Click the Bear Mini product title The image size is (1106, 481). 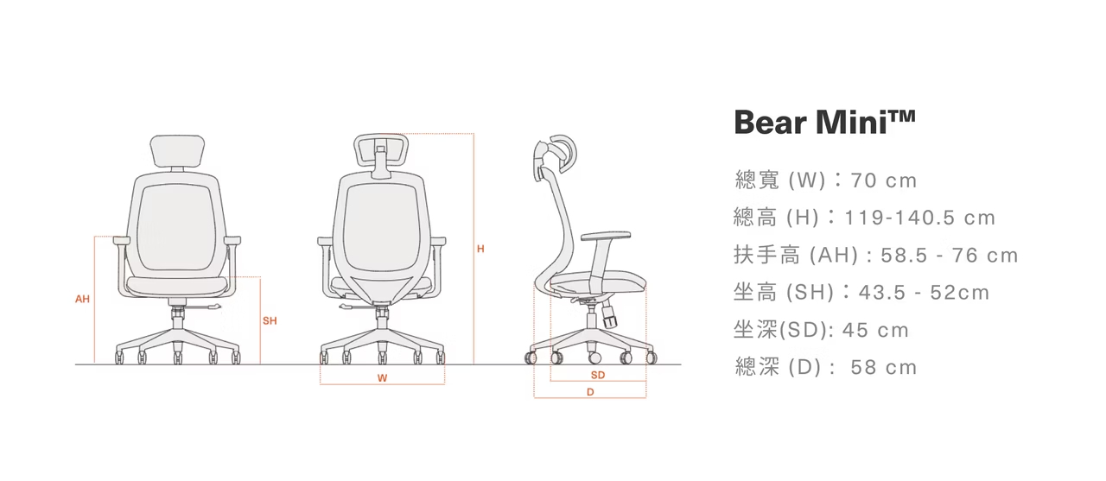[x=823, y=123]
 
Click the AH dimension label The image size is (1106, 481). [x=82, y=299]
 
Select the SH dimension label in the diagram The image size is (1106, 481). [x=270, y=321]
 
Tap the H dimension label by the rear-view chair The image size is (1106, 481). [x=480, y=250]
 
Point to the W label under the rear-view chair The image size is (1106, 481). [x=382, y=377]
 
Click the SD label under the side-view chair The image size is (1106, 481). [x=598, y=375]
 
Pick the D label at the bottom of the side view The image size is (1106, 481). [x=590, y=392]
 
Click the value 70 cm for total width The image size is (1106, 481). [x=883, y=180]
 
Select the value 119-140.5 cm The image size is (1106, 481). [x=920, y=218]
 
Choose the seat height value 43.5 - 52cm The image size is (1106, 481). [x=924, y=293]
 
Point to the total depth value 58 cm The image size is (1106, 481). [x=883, y=368]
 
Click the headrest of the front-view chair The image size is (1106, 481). [x=178, y=152]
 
